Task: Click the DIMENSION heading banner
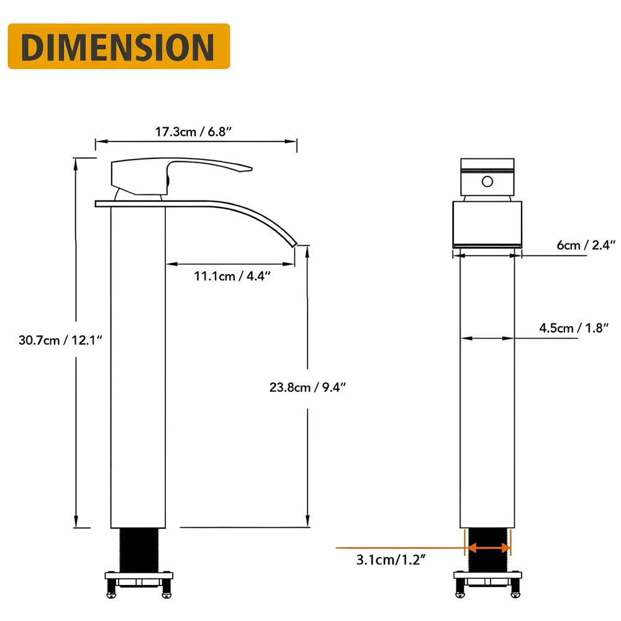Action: pos(119,47)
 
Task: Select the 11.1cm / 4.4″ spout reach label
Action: pos(232,276)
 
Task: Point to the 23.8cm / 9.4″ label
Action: pos(307,388)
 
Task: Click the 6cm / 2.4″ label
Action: pos(577,245)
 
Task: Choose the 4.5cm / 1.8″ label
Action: pos(572,329)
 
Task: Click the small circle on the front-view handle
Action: pos(487,181)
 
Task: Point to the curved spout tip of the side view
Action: pos(292,242)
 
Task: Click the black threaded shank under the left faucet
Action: pos(138,550)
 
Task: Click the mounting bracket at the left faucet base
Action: pos(138,583)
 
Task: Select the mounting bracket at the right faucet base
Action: pos(487,583)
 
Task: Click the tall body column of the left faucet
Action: pos(138,366)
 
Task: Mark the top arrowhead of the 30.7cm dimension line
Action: pos(76,162)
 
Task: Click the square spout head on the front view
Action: pos(487,224)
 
